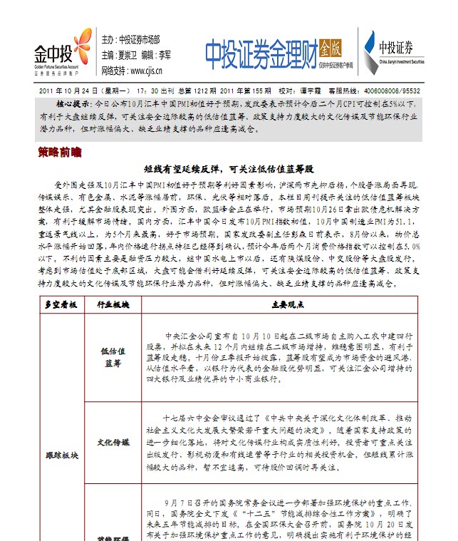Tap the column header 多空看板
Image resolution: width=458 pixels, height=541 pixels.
(60, 304)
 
